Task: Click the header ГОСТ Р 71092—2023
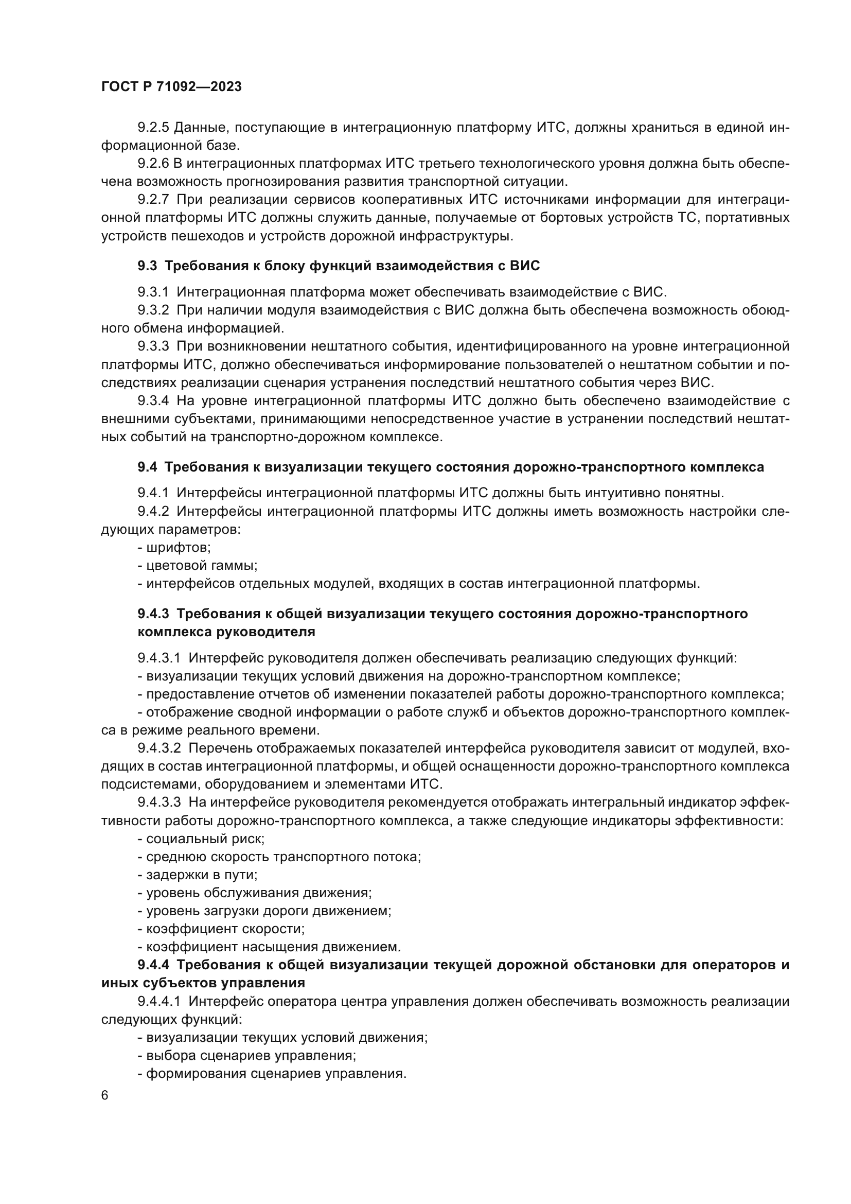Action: coord(171,87)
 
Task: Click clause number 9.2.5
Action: coord(153,128)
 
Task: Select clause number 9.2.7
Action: coord(153,199)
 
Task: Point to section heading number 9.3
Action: coord(147,266)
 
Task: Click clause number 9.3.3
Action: coord(153,346)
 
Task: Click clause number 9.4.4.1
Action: coord(159,1002)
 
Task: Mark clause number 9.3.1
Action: coord(153,291)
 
